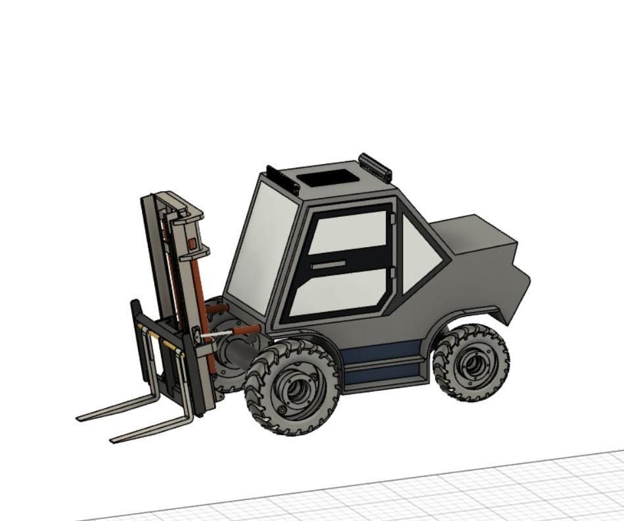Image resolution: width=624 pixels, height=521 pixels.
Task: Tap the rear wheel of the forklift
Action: coord(471,362)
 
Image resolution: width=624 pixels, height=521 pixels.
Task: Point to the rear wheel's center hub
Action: coord(472,363)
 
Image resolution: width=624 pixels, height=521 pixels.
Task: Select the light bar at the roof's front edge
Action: coord(282,179)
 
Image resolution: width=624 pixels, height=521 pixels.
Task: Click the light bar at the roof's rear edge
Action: coord(375,167)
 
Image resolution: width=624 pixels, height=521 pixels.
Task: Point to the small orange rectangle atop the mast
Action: coord(192,243)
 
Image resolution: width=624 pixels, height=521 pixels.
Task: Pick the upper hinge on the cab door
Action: coord(392,217)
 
